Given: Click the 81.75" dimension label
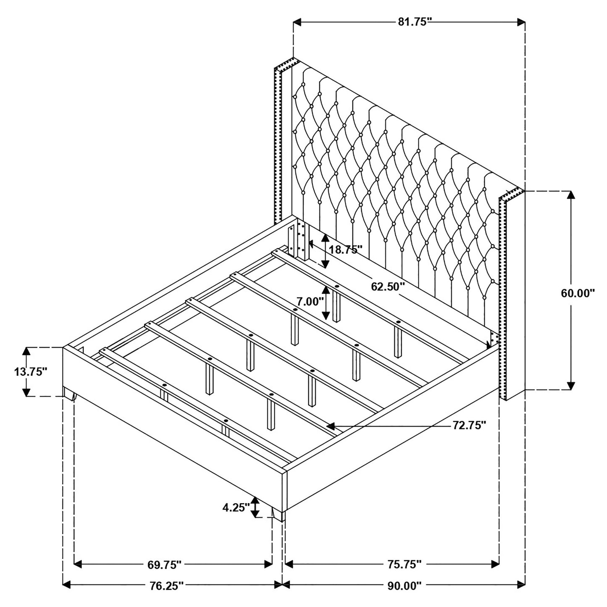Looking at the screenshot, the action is click(x=414, y=22).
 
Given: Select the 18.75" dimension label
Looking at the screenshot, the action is click(x=346, y=250).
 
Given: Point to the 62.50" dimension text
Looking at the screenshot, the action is click(x=388, y=286).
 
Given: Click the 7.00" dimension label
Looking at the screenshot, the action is click(x=310, y=302).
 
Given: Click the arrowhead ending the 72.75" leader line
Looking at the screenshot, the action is click(x=330, y=426).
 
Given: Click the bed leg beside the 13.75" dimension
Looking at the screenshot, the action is click(x=70, y=395).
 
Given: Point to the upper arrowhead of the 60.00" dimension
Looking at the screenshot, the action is click(x=571, y=195).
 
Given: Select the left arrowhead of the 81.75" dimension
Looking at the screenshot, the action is click(x=297, y=22).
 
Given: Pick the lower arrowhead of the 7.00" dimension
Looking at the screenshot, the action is click(x=326, y=315).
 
